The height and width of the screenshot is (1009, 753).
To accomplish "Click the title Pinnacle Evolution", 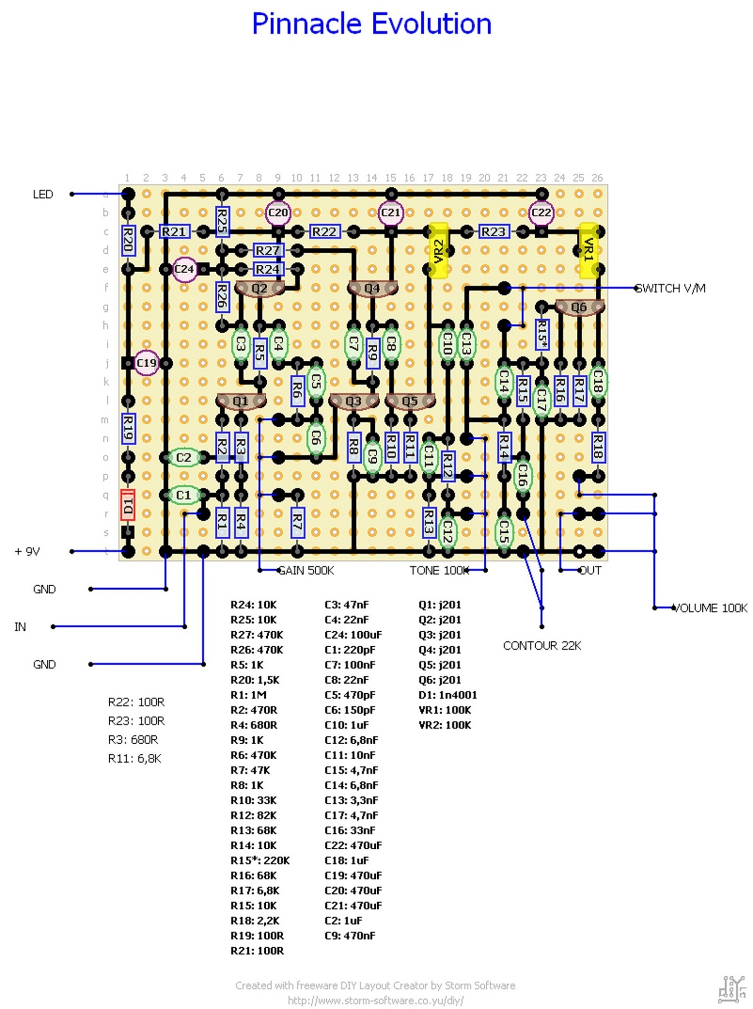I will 371,24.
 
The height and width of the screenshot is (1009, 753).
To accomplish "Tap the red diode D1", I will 128,505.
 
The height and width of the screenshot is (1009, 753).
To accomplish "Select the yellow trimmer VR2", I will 438,250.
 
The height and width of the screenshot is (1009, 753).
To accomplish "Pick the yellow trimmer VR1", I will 588,250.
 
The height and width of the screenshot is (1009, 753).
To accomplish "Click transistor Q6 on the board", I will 579,307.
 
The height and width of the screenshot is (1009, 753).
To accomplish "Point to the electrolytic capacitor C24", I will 184,270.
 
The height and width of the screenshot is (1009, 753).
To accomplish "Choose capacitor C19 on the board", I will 146,363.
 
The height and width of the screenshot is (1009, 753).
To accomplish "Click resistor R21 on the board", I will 174,232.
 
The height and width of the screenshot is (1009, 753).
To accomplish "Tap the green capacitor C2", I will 184,457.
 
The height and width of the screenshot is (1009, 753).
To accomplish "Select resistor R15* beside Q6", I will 542,334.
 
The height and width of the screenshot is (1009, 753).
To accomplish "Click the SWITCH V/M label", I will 671,289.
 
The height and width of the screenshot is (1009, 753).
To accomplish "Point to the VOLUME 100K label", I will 710,608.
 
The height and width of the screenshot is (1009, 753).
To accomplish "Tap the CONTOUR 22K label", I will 542,646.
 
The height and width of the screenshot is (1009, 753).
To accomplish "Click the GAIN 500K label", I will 306,571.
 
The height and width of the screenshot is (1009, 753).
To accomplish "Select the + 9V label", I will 27,552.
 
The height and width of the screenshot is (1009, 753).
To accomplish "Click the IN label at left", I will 20,627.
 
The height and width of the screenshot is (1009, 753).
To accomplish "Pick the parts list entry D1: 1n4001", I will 447,695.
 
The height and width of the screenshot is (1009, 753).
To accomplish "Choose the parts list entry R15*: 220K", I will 260,860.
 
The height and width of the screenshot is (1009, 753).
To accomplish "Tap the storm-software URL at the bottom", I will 375,1001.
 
